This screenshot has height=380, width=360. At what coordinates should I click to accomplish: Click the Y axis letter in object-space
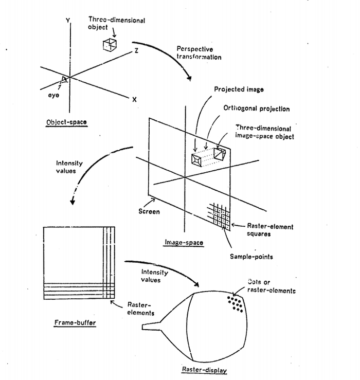click(68, 21)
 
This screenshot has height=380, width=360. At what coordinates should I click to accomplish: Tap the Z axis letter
click(136, 50)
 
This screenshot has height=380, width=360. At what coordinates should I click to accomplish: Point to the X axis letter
click(135, 99)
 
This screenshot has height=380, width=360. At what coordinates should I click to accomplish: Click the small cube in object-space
click(110, 45)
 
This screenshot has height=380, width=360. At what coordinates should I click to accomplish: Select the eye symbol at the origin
click(64, 79)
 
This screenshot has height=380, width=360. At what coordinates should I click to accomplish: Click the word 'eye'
click(53, 95)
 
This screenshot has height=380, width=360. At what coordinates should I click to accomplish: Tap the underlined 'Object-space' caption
click(66, 122)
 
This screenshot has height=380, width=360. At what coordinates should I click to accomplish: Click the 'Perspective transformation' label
click(199, 53)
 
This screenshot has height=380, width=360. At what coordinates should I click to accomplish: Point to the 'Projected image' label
click(239, 89)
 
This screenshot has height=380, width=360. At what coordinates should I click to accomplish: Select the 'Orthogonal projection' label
click(257, 108)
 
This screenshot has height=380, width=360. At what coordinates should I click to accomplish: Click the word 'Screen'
click(149, 211)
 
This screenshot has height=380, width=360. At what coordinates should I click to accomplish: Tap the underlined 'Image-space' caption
click(184, 242)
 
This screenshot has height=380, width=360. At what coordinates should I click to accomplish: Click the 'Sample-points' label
click(251, 257)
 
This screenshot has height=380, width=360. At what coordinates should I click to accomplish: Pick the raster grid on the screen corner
click(219, 216)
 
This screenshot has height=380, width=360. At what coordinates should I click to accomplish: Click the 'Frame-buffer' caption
click(75, 322)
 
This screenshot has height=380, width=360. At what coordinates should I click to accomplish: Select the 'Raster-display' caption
click(204, 370)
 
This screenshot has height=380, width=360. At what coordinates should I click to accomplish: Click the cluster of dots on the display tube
click(235, 304)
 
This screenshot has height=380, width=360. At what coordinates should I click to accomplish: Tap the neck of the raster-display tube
click(151, 326)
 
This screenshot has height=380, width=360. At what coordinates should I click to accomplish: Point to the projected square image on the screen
click(197, 160)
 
